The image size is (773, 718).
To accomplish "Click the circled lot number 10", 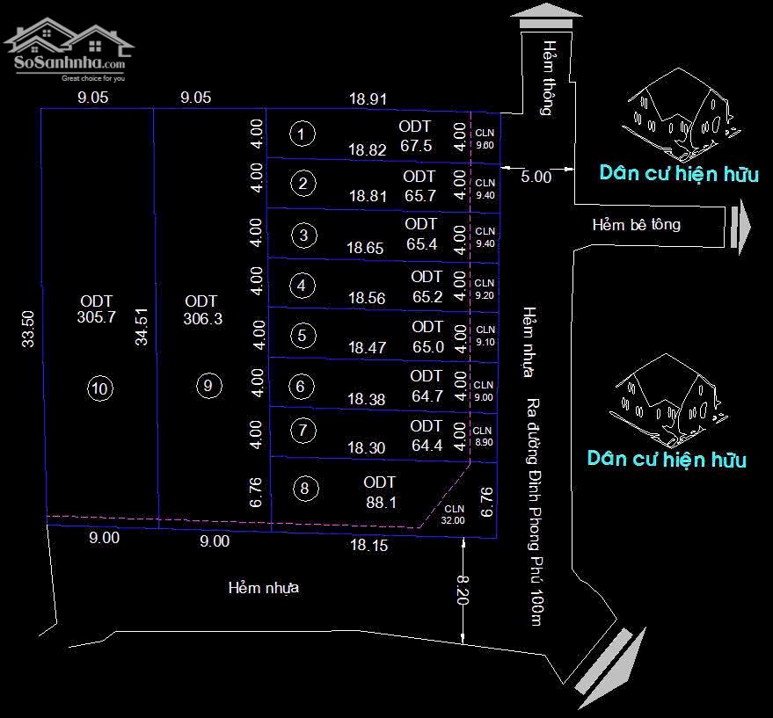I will pyautogui.click(x=101, y=388).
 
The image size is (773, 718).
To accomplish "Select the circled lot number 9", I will pyautogui.click(x=208, y=385).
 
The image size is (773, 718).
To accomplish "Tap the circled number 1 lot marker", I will pyautogui.click(x=302, y=134).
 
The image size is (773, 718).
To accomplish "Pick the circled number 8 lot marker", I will pyautogui.click(x=304, y=490).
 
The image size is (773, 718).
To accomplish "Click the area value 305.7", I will pyautogui.click(x=97, y=319).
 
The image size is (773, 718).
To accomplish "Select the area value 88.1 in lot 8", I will pyautogui.click(x=380, y=503).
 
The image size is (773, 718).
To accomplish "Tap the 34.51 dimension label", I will pyautogui.click(x=141, y=325).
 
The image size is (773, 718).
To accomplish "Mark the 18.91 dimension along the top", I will pyautogui.click(x=368, y=99).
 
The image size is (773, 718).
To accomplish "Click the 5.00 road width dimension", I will pyautogui.click(x=536, y=176).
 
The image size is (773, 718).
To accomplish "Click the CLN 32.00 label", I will pyautogui.click(x=454, y=514).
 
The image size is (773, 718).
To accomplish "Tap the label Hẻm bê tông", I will pyautogui.click(x=636, y=224).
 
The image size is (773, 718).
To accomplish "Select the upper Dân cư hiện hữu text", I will pyautogui.click(x=679, y=173).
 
